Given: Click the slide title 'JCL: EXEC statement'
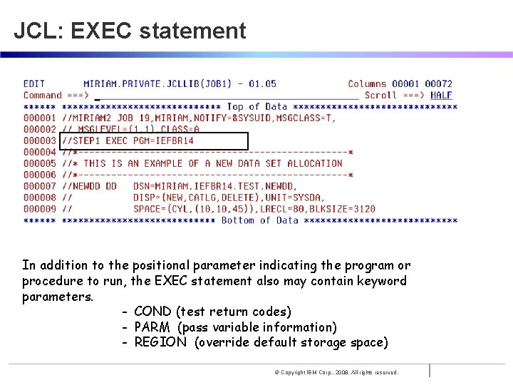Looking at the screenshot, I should [130, 31].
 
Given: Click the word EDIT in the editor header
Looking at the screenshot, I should [34, 83].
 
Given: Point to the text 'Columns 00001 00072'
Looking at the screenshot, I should [400, 83].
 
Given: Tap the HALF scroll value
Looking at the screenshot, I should [441, 95].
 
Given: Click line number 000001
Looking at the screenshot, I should [39, 118].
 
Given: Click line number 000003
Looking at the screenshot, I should [39, 140].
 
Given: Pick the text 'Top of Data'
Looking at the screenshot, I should [257, 106].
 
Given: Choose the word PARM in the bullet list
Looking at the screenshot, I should [152, 327].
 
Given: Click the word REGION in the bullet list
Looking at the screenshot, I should [160, 342].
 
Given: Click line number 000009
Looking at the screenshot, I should [39, 209].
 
